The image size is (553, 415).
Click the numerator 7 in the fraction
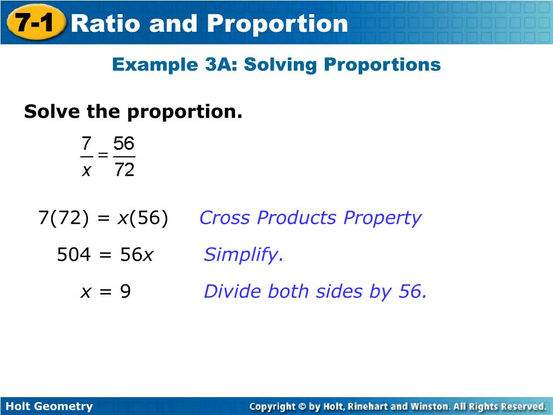(86, 144)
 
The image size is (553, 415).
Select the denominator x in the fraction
(86, 170)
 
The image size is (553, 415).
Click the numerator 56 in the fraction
(124, 144)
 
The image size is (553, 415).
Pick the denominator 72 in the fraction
(124, 170)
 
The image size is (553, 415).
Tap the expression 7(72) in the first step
(63, 218)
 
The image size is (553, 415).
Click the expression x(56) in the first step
(143, 218)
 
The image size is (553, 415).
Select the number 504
(74, 255)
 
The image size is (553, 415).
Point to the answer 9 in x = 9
(125, 292)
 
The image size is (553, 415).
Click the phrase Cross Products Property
(310, 218)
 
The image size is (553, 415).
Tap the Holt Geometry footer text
(49, 406)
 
